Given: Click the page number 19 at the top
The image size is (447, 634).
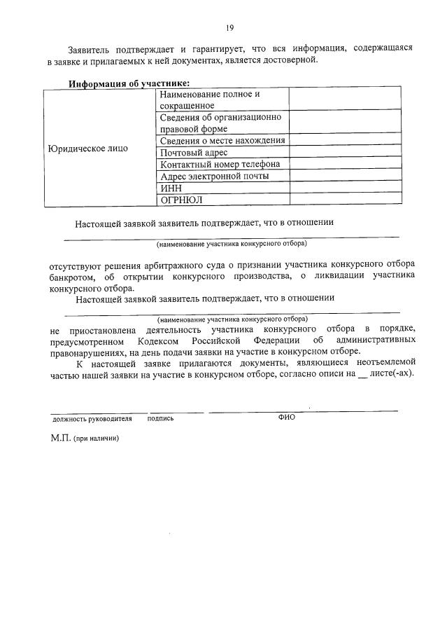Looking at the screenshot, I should (229, 27).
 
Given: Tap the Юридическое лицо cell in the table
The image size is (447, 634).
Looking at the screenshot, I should (87, 149).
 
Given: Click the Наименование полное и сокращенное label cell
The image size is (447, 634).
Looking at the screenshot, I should (210, 99).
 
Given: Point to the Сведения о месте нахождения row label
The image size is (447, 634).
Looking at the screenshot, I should (222, 140).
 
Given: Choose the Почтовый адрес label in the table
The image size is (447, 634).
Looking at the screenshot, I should (192, 152).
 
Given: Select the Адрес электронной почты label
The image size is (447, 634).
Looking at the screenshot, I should (214, 176).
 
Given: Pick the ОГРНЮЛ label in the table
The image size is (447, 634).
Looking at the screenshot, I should (181, 199).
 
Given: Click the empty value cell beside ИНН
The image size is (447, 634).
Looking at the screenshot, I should (346, 187).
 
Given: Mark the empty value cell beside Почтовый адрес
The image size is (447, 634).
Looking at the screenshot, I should (346, 152).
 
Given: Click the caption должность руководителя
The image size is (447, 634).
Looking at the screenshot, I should (92, 418).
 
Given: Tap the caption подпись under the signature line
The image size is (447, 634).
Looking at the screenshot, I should (161, 418).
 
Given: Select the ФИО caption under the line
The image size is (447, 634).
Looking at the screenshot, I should (287, 418).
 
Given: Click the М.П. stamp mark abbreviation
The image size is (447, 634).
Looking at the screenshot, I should (62, 439).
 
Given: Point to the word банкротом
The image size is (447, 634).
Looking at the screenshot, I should (73, 275).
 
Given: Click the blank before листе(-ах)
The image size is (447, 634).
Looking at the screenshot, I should (362, 375).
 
